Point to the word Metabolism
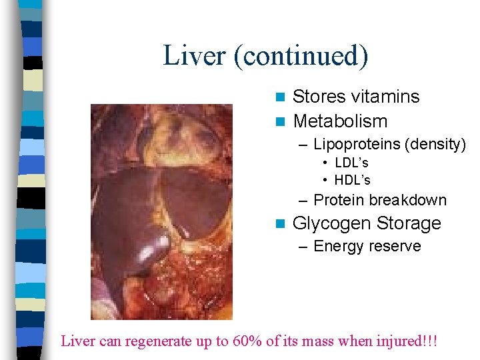coord(340,121)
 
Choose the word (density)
coord(435,144)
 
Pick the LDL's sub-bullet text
coord(351,163)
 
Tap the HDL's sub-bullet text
coord(352,180)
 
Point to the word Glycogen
coord(331,223)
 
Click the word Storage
coord(409,223)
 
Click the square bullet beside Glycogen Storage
coord(280,223)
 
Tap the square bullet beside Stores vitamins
coord(280,97)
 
